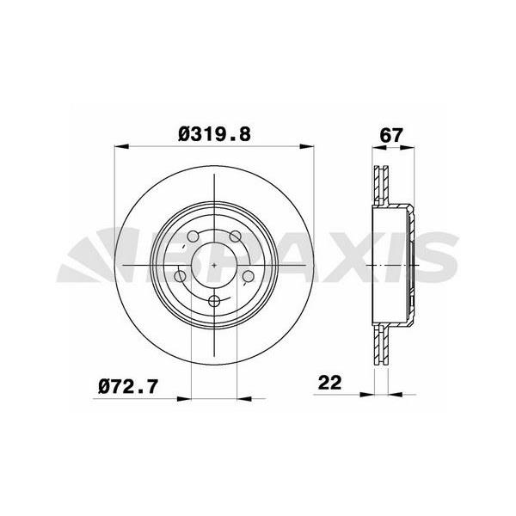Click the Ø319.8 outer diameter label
[x=214, y=135]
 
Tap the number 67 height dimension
[x=392, y=135]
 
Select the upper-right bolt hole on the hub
[x=234, y=236]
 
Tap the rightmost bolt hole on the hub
[x=246, y=275]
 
